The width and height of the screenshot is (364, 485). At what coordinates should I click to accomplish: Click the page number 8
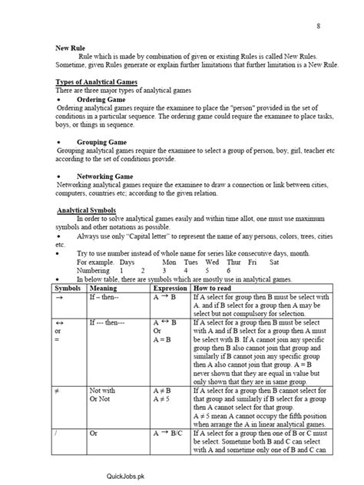(318, 27)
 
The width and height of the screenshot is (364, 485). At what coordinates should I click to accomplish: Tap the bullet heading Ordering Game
(101, 100)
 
